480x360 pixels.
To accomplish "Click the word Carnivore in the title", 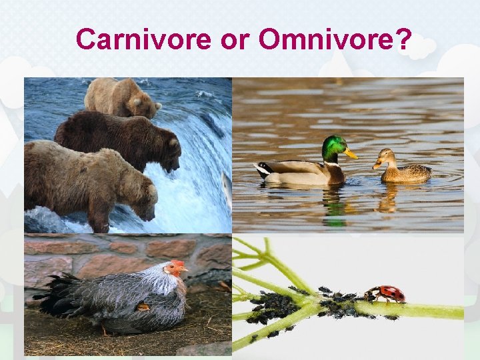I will [143, 39].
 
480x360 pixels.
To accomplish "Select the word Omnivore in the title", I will [327, 39].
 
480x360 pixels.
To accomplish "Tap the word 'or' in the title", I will [233, 41].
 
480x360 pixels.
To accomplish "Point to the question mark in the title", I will [403, 39].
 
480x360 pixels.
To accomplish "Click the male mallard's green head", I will [334, 147].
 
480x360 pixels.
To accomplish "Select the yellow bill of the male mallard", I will [351, 154].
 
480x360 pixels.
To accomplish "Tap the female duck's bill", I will [377, 164].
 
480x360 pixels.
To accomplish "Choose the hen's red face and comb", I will [176, 268].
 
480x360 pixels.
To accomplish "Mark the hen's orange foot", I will [143, 307].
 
